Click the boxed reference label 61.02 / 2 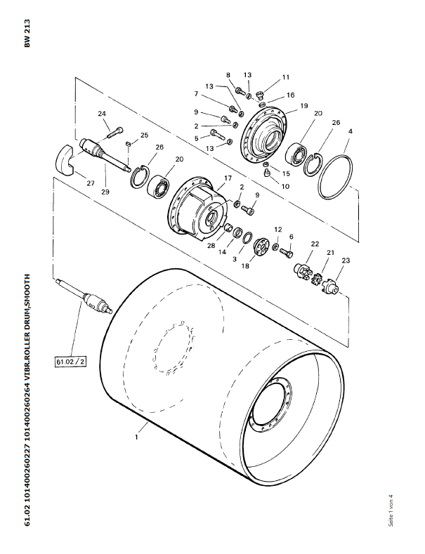(71, 362)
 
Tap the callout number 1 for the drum (136, 437)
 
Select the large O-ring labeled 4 (335, 177)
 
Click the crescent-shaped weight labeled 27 (65, 160)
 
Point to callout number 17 (228, 178)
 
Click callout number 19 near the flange (304, 105)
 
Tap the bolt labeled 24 (115, 133)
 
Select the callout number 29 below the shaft (105, 192)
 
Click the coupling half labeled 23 (331, 286)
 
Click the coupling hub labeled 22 (302, 269)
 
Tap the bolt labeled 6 (287, 253)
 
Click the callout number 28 (211, 245)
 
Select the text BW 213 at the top (27, 33)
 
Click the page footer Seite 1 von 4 (391, 510)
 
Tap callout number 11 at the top (286, 77)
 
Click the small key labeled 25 (129, 143)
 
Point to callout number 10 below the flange (285, 186)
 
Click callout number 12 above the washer (278, 230)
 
